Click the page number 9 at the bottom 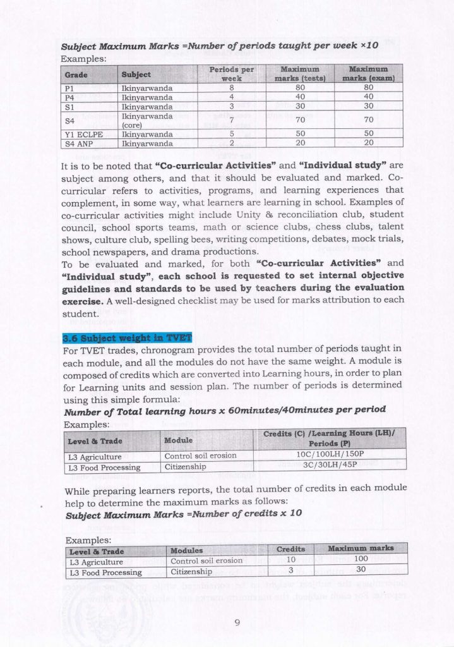click(x=237, y=622)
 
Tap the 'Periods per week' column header click(x=231, y=73)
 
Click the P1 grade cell click(x=70, y=88)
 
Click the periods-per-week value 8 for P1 click(x=231, y=88)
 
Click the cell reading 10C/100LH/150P click(x=327, y=455)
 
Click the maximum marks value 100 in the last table click(x=360, y=560)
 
